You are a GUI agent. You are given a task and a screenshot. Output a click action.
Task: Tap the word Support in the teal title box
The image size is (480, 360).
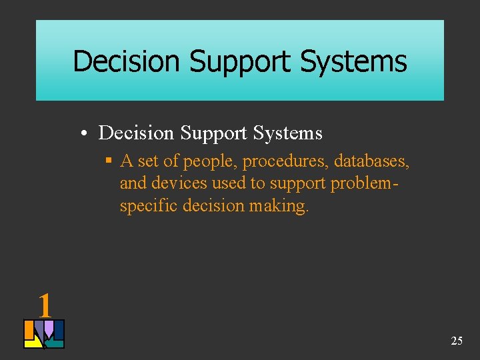241,61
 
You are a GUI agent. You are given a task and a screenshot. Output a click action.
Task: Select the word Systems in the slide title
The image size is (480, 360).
353,61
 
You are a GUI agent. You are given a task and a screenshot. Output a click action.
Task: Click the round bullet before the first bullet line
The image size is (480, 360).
87,133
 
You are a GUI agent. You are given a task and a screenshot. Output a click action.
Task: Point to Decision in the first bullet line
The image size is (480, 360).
136,133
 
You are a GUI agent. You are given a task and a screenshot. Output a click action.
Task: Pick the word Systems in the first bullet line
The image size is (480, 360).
287,133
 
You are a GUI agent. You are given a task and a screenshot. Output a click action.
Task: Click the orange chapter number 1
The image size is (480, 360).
45,306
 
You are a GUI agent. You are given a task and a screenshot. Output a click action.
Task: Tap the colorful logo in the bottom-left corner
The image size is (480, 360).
44,334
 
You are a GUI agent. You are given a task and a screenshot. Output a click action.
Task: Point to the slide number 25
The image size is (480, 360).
457,341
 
